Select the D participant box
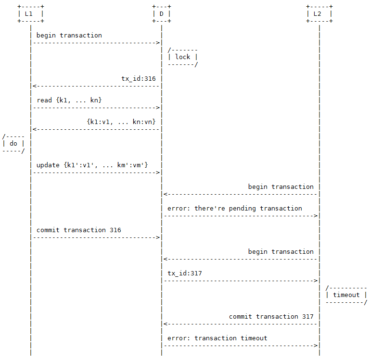[x=161, y=14]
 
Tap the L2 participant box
[x=319, y=14]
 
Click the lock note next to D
[x=183, y=57]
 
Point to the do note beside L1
[x=13, y=143]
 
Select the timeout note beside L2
[x=346, y=295]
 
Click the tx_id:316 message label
[x=138, y=78]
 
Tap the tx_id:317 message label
[x=185, y=273]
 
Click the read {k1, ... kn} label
[x=69, y=100]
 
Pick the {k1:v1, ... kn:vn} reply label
[x=121, y=122]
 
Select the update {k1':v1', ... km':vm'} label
[x=92, y=165]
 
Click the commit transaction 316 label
[x=79, y=230]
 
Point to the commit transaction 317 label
[x=271, y=316]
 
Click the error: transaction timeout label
[x=217, y=338]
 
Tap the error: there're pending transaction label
[x=235, y=208]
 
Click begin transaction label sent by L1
[x=69, y=35]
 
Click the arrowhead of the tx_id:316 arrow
[x=34, y=86]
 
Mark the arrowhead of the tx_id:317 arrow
[x=316, y=281]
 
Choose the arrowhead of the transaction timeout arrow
[x=316, y=346]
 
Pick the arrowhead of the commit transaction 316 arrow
[x=158, y=237]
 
